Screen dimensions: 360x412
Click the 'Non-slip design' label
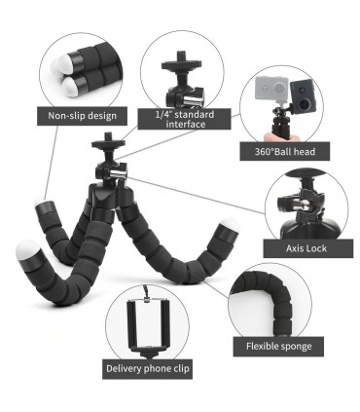pos(82,116)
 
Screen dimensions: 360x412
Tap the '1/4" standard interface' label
pos(185,119)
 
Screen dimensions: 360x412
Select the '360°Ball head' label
pos(284,151)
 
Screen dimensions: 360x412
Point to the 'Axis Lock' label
pos(307,248)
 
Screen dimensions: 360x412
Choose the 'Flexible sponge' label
pos(278,347)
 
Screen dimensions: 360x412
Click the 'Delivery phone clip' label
pos(148,369)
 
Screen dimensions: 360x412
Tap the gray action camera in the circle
pos(271,89)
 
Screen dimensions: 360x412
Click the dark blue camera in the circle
pos(305,95)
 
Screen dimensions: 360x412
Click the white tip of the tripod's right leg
pos(229,225)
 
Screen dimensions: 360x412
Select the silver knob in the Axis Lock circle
pos(301,205)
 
